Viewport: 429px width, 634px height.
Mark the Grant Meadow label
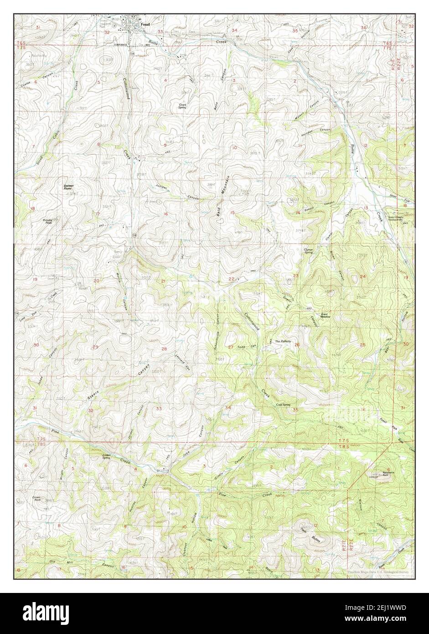[x=325, y=315]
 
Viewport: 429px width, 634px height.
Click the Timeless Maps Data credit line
[x=378, y=572]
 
